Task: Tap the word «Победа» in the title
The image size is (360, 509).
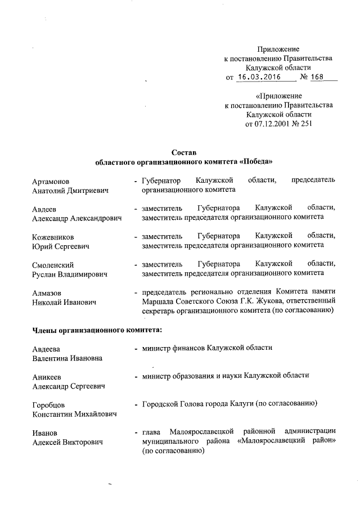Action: [x=256, y=161]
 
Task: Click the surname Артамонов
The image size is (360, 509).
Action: [x=51, y=181]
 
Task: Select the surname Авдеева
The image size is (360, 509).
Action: [x=46, y=349]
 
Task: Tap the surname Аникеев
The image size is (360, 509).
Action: [x=47, y=376]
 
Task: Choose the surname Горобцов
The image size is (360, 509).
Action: [x=48, y=404]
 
